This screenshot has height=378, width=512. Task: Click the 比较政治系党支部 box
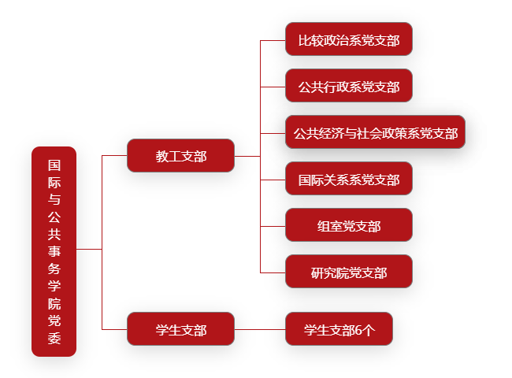[349, 39]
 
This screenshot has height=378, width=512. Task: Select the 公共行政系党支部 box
[349, 86]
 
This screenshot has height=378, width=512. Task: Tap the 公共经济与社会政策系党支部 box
[375, 132]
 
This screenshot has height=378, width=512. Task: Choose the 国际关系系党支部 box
[349, 179]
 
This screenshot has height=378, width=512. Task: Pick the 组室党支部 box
[349, 225]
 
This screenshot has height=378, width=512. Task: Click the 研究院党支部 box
[349, 271]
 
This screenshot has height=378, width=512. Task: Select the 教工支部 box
[180, 155]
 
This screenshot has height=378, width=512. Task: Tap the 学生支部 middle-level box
[180, 328]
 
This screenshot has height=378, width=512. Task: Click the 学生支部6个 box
[339, 328]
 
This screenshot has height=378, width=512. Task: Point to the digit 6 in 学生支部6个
[358, 330]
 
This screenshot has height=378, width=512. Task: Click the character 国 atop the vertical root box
[54, 165]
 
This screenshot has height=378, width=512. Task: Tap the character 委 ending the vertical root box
[54, 338]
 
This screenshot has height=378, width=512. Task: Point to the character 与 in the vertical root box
[54, 199]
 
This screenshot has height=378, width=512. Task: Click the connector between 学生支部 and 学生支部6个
[260, 329]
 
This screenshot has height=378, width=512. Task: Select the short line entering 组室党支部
[273, 226]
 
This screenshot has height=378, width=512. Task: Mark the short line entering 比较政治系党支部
[273, 40]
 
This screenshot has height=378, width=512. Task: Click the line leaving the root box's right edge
[89, 249]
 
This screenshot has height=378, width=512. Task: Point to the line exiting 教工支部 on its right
[247, 156]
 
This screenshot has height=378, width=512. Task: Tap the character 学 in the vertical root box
[54, 286]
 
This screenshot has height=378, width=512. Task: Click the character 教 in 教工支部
[161, 157]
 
